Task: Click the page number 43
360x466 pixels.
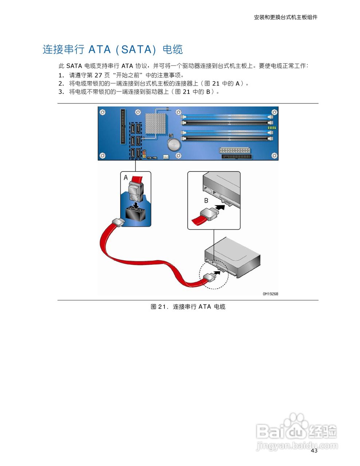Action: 314,451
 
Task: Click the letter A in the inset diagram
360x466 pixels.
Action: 126,178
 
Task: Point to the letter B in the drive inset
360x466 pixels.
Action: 206,201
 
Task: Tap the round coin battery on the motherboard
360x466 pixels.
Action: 174,145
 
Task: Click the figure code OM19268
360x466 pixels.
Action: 270,294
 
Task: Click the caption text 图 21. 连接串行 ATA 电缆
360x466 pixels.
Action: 188,307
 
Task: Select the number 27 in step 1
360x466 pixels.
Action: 98,75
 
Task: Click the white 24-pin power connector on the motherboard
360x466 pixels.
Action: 235,150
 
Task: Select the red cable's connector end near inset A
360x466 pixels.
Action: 118,222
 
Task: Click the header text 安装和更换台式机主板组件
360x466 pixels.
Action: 285,17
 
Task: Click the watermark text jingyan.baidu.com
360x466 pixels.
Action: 297,445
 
